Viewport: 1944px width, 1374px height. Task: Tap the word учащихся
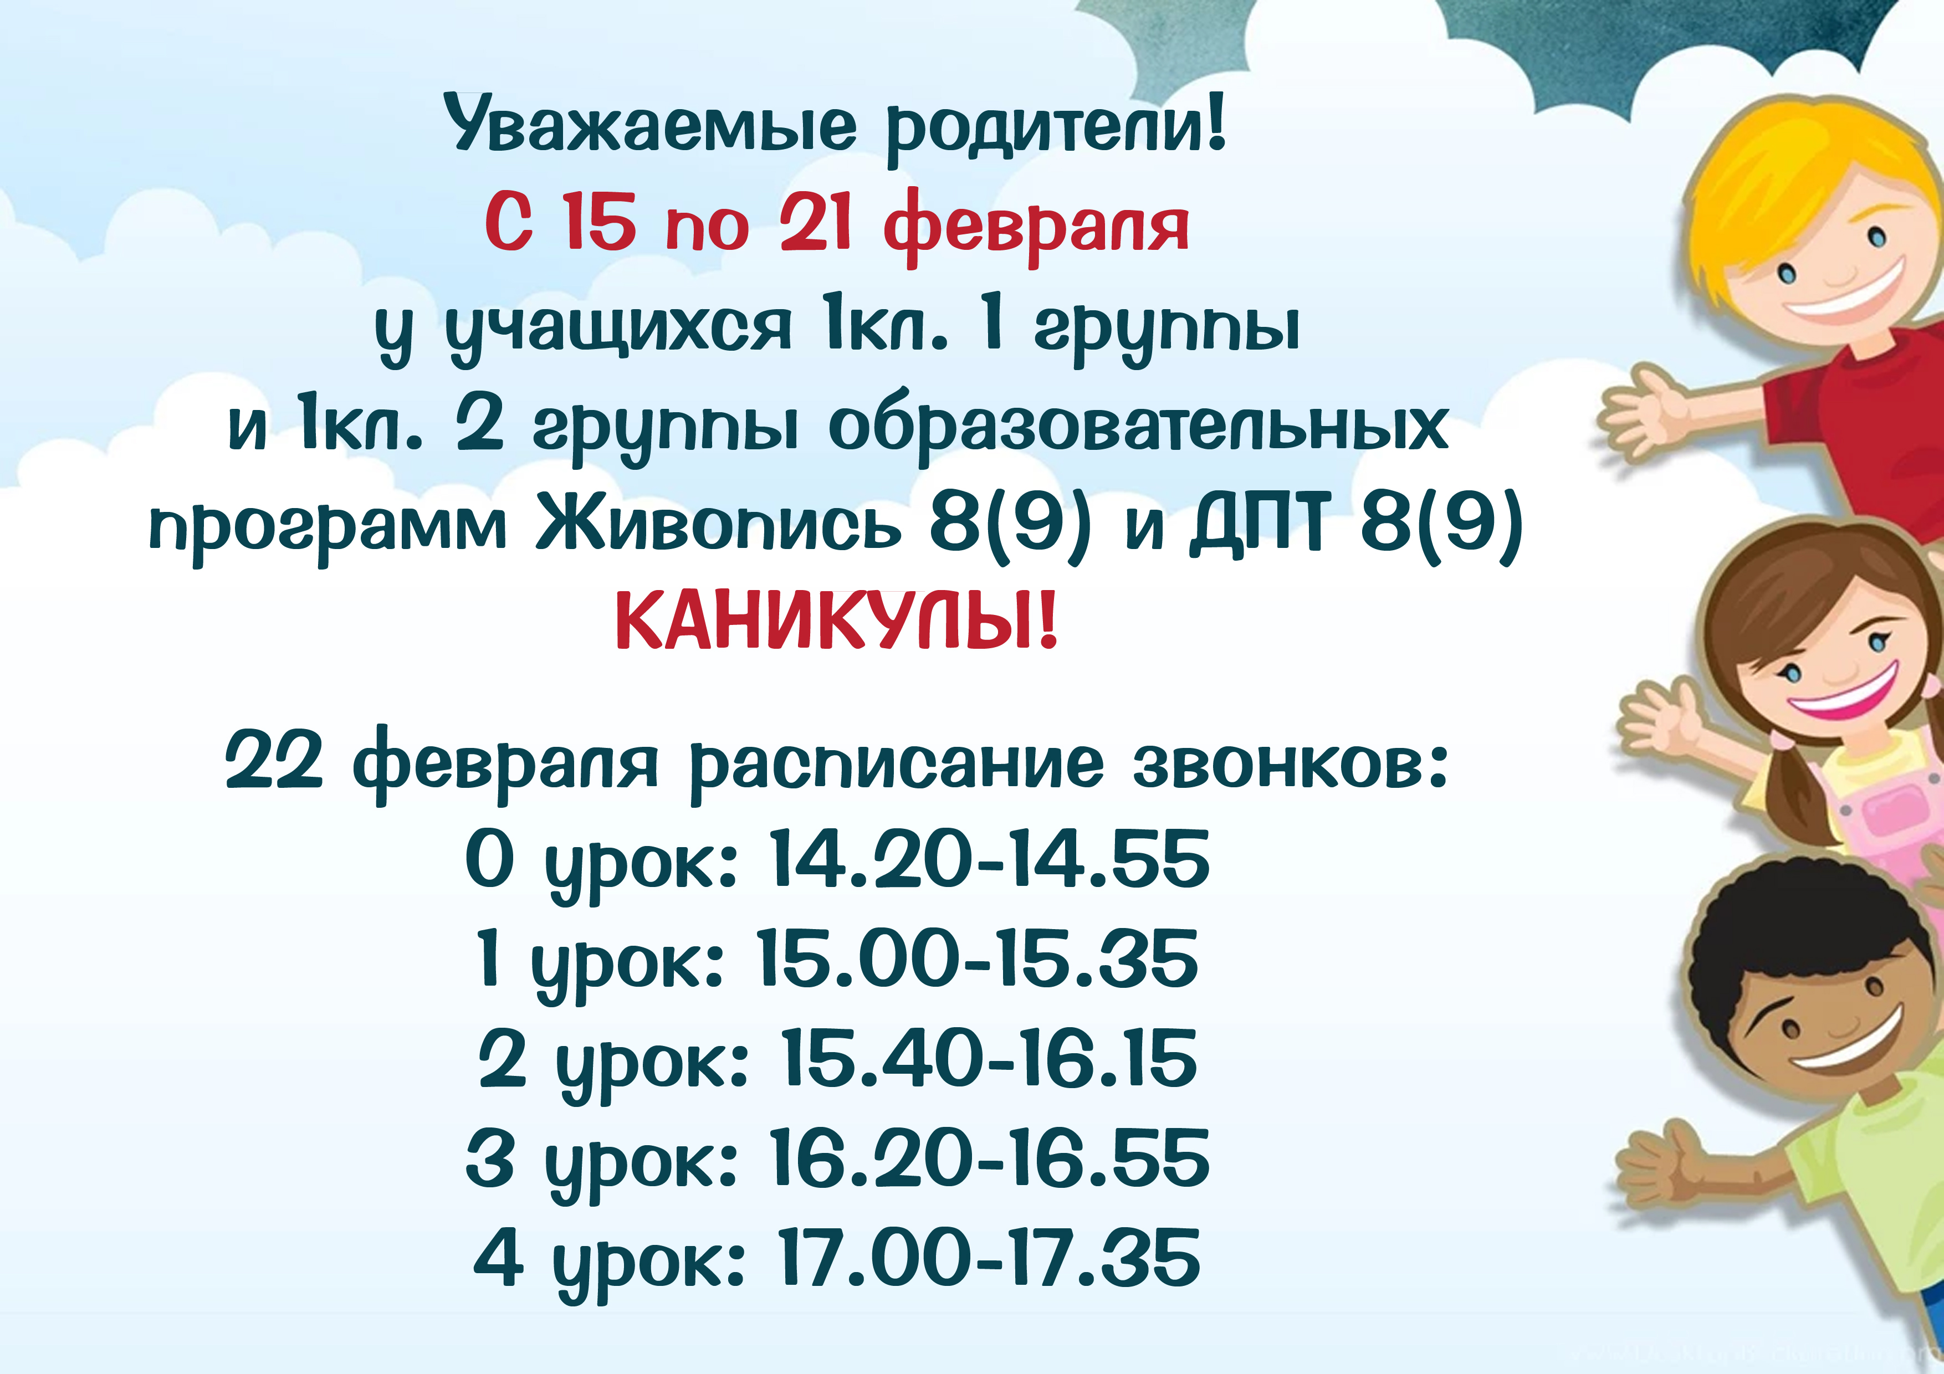(x=618, y=329)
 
